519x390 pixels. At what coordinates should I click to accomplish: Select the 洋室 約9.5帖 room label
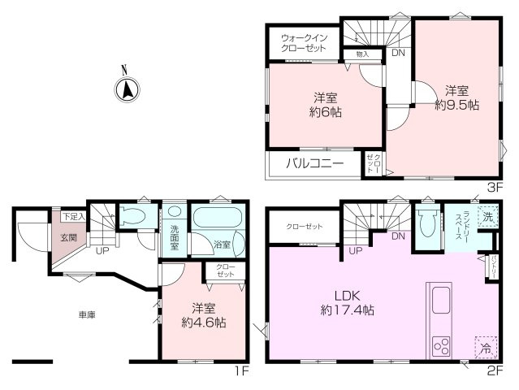pyautogui.click(x=454, y=97)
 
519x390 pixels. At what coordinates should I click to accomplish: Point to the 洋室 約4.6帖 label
pyautogui.click(x=203, y=315)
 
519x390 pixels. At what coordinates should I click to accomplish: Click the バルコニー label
pyautogui.click(x=314, y=163)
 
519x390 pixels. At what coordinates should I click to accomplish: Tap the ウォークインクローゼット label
pyautogui.click(x=305, y=43)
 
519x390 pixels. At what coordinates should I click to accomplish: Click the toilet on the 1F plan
pyautogui.click(x=132, y=217)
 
